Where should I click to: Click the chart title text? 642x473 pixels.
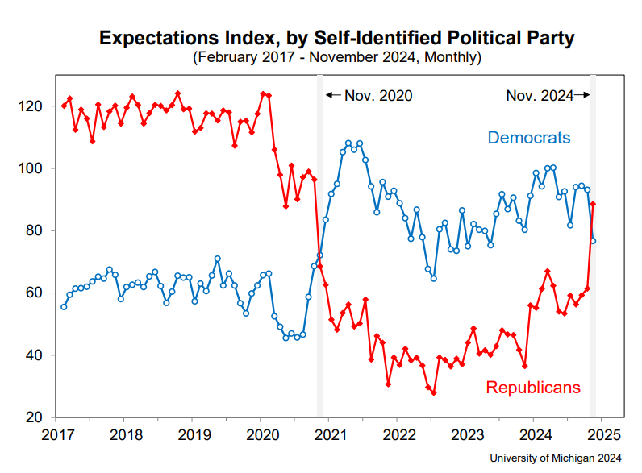point(337,37)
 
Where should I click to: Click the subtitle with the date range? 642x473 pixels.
point(337,57)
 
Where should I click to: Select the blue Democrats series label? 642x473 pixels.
point(528,138)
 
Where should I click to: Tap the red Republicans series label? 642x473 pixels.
point(532,388)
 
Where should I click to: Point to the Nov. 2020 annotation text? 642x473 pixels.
point(377,96)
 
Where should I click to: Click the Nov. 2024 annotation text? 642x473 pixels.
point(539,96)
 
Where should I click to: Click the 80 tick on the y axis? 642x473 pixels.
point(40,230)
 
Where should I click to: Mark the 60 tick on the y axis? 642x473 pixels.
point(40,293)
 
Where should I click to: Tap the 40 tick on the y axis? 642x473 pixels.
point(40,355)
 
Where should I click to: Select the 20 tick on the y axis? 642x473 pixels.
point(40,417)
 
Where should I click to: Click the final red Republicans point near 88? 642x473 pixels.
point(594,204)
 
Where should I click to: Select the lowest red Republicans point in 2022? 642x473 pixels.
point(433,392)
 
